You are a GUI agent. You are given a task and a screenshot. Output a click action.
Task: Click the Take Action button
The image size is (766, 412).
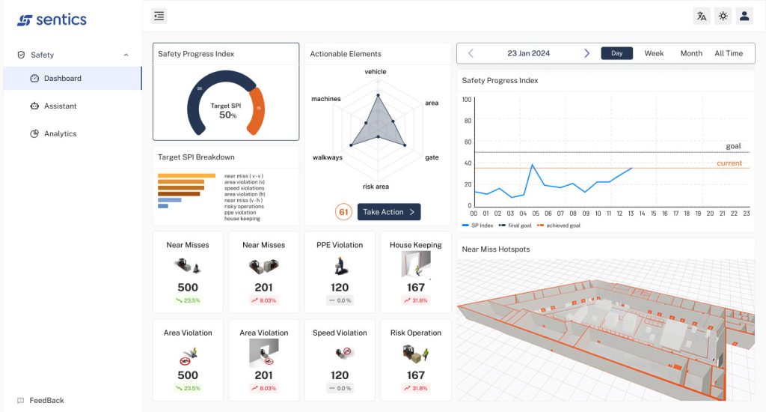pyautogui.click(x=389, y=212)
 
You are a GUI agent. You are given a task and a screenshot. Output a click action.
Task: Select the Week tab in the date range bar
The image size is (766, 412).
pyautogui.click(x=654, y=53)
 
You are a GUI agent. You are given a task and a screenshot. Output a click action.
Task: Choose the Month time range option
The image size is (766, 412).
pyautogui.click(x=691, y=53)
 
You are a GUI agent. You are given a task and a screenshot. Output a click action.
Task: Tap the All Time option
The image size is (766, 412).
pyautogui.click(x=729, y=53)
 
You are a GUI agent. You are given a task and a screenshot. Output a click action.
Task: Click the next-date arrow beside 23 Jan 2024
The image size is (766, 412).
pyautogui.click(x=586, y=53)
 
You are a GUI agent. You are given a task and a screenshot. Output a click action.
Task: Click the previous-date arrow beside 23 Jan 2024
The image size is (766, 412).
pyautogui.click(x=471, y=53)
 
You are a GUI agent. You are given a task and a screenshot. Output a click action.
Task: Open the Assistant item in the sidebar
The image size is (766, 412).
pyautogui.click(x=60, y=106)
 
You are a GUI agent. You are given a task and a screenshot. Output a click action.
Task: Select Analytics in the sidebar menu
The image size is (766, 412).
pyautogui.click(x=60, y=134)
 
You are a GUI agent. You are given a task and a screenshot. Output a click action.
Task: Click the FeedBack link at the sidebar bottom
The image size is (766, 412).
pyautogui.click(x=46, y=401)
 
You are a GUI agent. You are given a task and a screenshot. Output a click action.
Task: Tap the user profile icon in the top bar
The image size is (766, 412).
pyautogui.click(x=744, y=16)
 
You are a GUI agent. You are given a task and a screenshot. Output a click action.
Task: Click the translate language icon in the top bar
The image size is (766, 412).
pyautogui.click(x=702, y=16)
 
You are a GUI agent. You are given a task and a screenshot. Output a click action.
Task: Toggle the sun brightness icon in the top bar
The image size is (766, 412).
pyautogui.click(x=723, y=16)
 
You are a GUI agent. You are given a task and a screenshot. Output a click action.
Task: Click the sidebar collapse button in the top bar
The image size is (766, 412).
pyautogui.click(x=159, y=16)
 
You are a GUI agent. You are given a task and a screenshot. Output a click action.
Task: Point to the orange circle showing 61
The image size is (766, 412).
pyautogui.click(x=344, y=212)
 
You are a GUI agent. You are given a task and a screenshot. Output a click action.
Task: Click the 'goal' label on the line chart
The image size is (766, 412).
pyautogui.click(x=733, y=146)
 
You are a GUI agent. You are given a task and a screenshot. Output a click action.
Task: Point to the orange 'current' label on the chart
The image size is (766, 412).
pyautogui.click(x=729, y=163)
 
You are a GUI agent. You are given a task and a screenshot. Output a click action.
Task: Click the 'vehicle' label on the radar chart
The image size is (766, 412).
pyautogui.click(x=376, y=72)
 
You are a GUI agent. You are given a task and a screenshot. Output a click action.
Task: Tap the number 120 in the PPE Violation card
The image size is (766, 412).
pyautogui.click(x=340, y=288)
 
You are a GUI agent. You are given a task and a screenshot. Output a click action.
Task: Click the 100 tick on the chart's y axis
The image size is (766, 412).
pyautogui.click(x=467, y=99)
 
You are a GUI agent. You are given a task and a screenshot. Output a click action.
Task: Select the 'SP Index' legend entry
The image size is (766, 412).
pyautogui.click(x=479, y=225)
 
